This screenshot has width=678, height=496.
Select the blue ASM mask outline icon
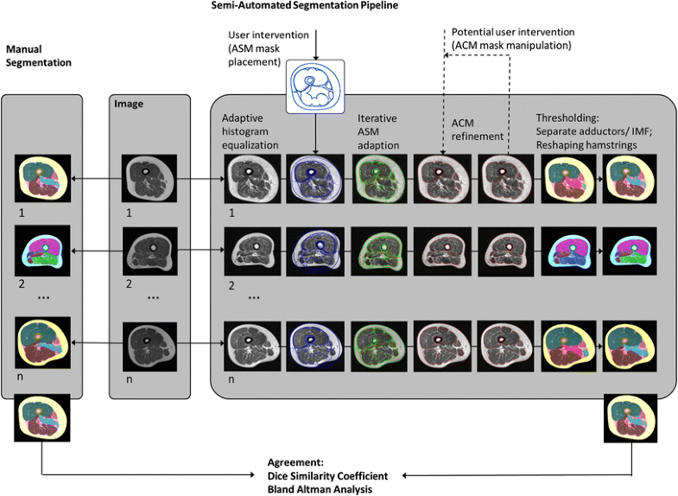(x=314, y=86)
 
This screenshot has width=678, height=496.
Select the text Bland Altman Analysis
(x=319, y=489)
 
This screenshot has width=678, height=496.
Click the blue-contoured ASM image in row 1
(x=313, y=178)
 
